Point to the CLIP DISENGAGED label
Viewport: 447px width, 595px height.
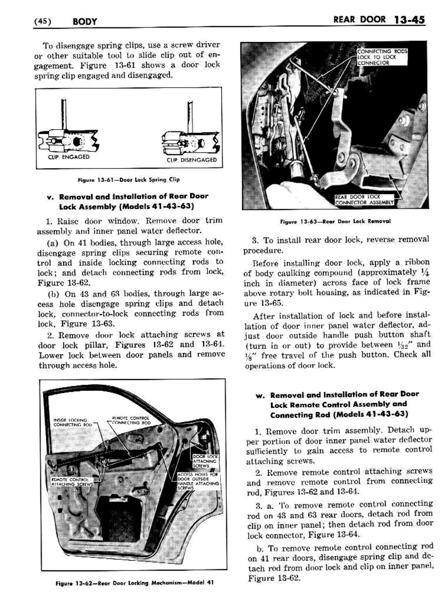pyautogui.click(x=192, y=160)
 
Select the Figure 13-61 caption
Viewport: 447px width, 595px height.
pyautogui.click(x=129, y=179)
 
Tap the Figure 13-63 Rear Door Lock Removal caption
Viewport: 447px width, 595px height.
pyautogui.click(x=335, y=221)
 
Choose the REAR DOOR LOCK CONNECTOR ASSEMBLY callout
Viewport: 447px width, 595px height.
pyautogui.click(x=364, y=199)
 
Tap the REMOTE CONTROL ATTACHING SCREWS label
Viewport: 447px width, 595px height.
pyautogui.click(x=72, y=481)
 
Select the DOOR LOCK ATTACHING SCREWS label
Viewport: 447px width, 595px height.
pyautogui.click(x=206, y=461)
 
